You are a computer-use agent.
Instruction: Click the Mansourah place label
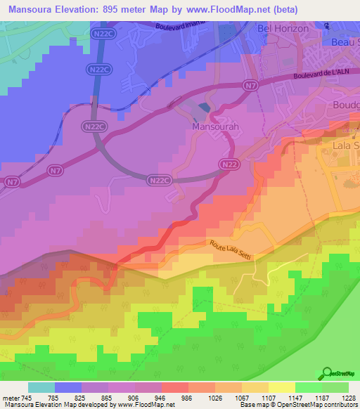(x=211, y=130)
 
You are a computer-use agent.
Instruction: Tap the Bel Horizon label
(x=283, y=28)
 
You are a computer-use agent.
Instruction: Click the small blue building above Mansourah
(x=203, y=108)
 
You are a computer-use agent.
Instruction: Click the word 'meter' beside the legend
(x=11, y=397)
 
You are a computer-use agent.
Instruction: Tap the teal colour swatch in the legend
(x=41, y=387)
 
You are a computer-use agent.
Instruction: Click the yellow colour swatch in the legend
(x=281, y=387)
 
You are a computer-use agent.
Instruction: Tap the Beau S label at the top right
(x=345, y=42)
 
